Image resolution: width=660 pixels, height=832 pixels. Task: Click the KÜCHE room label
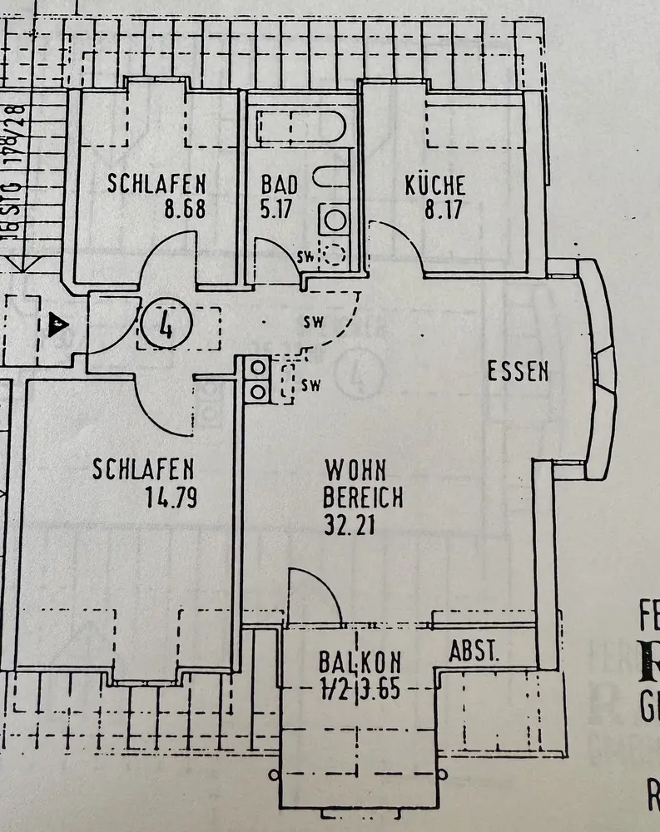[435, 185]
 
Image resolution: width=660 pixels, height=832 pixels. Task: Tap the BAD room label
[278, 184]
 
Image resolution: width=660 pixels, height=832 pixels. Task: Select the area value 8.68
[185, 209]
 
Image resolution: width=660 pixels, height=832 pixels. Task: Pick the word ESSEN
[518, 372]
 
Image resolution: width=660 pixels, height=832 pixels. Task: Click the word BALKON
[360, 663]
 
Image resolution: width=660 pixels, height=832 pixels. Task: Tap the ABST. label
[474, 651]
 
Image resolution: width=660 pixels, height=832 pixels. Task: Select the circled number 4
[166, 325]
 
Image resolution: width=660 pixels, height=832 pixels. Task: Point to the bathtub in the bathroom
[300, 128]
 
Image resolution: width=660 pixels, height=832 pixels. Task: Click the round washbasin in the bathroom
[335, 220]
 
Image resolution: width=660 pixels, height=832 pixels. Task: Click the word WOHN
[355, 469]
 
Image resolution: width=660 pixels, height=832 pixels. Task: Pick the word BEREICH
[363, 498]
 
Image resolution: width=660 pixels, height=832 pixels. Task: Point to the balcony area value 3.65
[382, 690]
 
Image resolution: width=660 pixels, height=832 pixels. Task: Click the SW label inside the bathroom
[305, 256]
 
